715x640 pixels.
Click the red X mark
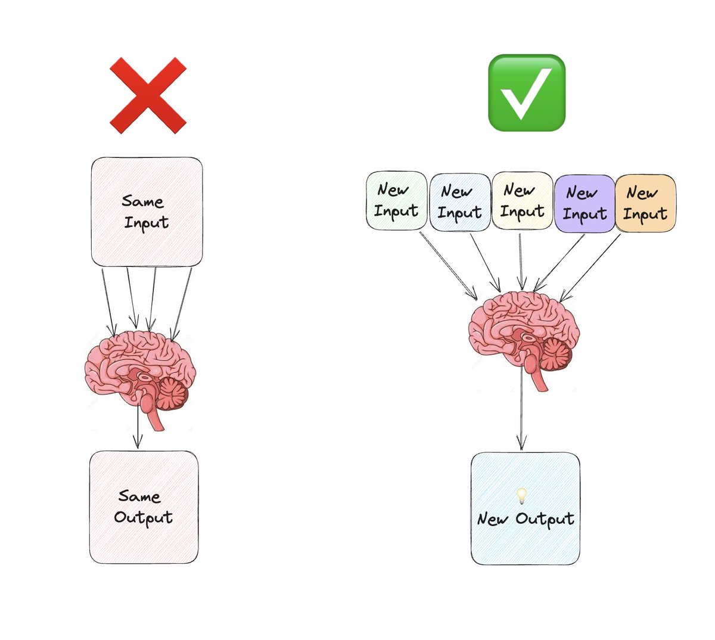pyautogui.click(x=148, y=95)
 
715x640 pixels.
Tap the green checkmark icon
pyautogui.click(x=526, y=93)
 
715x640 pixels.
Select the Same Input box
pyautogui.click(x=147, y=212)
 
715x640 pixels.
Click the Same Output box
pyautogui.click(x=144, y=507)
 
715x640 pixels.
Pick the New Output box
pyautogui.click(x=525, y=508)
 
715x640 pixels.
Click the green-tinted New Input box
pyautogui.click(x=396, y=200)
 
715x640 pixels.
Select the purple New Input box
pyautogui.click(x=585, y=203)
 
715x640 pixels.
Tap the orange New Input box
pyautogui.click(x=645, y=203)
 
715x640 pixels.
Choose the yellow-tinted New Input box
pyautogui.click(x=522, y=201)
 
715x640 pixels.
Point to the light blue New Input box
pyautogui.click(x=460, y=202)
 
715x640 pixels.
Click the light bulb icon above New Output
pyautogui.click(x=521, y=495)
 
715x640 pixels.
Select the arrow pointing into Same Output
pyautogui.click(x=138, y=426)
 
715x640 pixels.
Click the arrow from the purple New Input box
pyautogui.click(x=560, y=262)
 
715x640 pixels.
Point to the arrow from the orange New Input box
pyautogui.click(x=590, y=267)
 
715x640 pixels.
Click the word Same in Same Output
pyautogui.click(x=139, y=496)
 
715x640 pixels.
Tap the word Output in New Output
pyautogui.click(x=545, y=519)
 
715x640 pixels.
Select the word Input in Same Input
pyautogui.click(x=147, y=223)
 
